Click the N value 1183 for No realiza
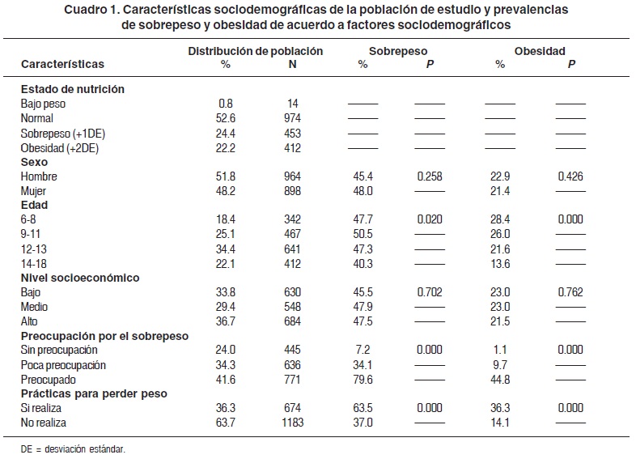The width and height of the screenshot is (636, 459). click(293, 423)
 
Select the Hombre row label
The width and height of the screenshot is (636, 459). click(39, 176)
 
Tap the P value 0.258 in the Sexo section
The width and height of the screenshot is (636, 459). click(430, 176)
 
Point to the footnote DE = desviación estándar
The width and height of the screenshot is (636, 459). click(74, 447)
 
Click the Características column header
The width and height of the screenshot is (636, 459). click(62, 63)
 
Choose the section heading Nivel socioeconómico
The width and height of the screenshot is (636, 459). click(80, 278)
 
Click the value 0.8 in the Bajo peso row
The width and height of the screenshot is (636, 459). click(226, 103)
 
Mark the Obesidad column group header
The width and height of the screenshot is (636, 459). click(539, 51)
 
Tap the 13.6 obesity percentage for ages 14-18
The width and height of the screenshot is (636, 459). click(500, 263)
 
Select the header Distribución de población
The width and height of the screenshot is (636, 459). click(256, 51)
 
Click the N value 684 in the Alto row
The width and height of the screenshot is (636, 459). click(293, 321)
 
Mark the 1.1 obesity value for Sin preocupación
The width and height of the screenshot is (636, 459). click(500, 350)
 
